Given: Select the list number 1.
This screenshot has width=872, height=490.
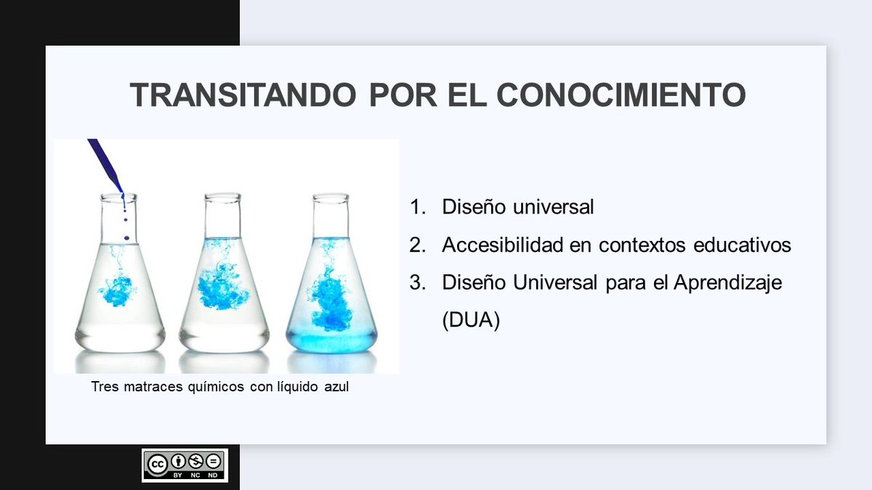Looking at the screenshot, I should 416,208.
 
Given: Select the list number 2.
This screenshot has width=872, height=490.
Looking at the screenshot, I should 416,245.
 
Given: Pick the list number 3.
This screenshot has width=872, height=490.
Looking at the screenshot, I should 416,283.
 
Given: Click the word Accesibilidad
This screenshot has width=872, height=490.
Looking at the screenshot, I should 502,245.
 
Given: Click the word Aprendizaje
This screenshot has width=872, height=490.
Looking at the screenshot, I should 727,283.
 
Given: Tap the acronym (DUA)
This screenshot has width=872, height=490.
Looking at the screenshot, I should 471,321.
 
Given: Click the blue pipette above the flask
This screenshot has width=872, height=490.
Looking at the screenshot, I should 105,166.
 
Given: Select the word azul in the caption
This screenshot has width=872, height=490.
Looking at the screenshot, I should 336,387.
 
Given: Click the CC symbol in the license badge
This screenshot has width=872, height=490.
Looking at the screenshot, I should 156,462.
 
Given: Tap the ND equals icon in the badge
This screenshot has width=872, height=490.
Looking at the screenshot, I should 214,461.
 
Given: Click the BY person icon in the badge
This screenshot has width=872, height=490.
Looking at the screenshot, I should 177,461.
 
